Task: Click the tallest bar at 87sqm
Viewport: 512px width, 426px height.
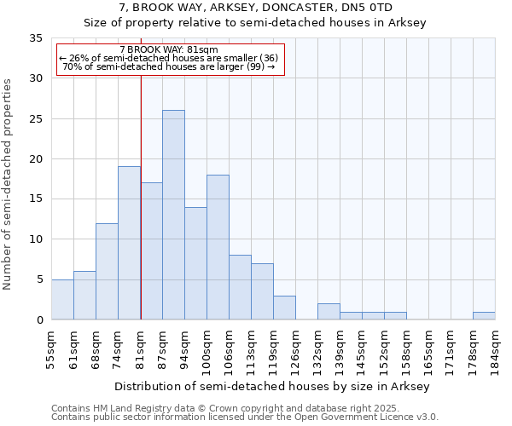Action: click(173, 215)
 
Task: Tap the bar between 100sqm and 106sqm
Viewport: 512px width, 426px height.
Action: click(218, 247)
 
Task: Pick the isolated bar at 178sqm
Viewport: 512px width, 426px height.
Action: click(484, 316)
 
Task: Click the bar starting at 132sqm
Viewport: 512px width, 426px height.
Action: click(329, 312)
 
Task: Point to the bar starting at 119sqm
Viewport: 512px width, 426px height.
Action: click(284, 308)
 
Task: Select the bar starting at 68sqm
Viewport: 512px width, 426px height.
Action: click(107, 271)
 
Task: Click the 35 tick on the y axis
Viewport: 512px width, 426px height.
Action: click(36, 38)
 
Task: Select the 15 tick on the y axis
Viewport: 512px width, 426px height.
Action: click(36, 199)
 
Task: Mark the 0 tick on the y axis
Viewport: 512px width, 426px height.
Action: click(39, 320)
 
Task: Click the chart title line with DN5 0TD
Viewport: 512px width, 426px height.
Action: click(255, 8)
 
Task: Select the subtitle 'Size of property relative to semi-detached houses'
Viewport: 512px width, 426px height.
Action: click(255, 23)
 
